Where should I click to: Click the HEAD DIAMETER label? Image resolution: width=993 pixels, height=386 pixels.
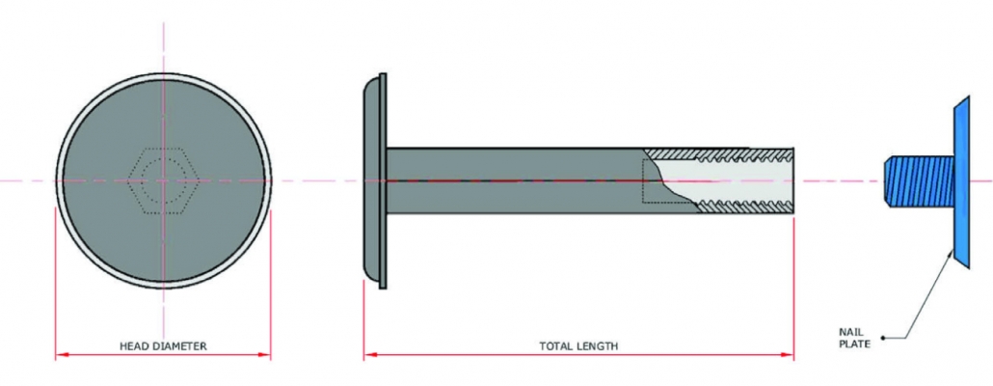pos(163,345)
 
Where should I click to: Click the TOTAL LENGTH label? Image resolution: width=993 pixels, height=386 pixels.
pos(578,345)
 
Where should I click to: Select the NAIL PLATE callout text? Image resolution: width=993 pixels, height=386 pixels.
pos(854,336)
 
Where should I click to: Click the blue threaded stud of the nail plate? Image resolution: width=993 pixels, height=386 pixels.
pos(917,180)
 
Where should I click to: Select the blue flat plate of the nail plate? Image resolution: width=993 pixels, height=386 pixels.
pos(961,180)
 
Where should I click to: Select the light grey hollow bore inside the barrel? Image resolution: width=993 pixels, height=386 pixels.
pos(733,179)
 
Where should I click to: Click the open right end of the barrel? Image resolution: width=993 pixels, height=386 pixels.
pos(792,179)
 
